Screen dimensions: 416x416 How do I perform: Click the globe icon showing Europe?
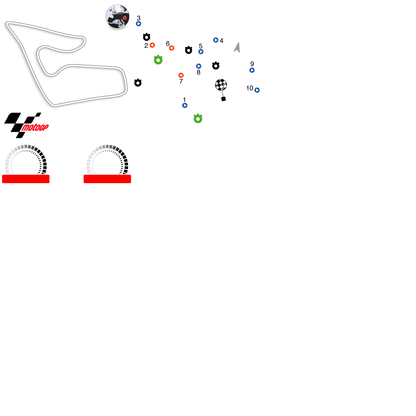pos(117,17)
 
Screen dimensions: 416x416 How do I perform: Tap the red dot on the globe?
pos(124,18)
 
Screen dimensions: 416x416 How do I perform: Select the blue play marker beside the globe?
pos(139,24)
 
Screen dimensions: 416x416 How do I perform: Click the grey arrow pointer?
pos(238,48)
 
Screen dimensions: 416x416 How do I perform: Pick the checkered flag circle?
pos(221,84)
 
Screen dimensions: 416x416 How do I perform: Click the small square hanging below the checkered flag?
pos(223,99)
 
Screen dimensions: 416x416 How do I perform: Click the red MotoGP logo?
pos(35,127)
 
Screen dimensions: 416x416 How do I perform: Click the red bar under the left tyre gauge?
pos(26,179)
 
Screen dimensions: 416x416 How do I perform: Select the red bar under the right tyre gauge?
pos(107,179)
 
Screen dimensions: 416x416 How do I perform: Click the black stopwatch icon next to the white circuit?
pos(138,83)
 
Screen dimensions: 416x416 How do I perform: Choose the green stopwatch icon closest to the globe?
pos(158,60)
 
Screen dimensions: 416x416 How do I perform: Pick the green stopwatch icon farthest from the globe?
pos(198,119)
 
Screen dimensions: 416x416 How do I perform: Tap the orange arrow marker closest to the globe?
pos(152,45)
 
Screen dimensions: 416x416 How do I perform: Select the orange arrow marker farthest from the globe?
pos(181,75)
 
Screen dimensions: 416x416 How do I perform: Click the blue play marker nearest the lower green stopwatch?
pos(185,105)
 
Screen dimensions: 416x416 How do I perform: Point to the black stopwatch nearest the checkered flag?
pos(215,66)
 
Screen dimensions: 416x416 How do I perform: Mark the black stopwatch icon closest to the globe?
pos(146,37)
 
